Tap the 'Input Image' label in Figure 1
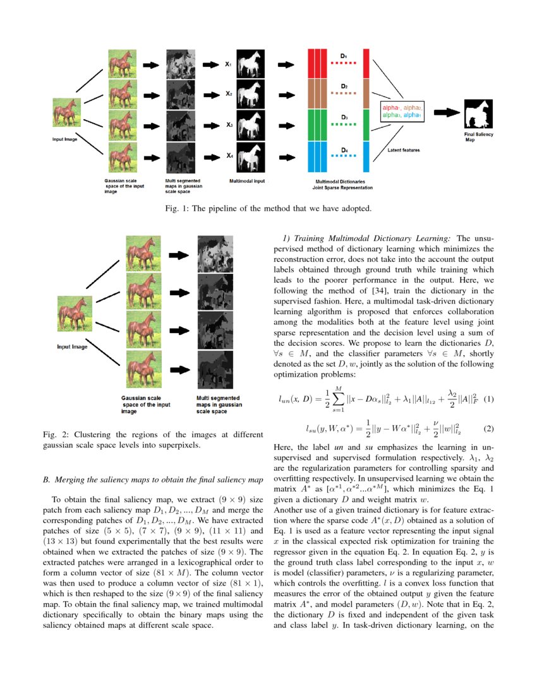pyautogui.click(x=64, y=139)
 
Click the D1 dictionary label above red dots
pyautogui.click(x=344, y=56)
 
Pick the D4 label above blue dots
pyautogui.click(x=344, y=150)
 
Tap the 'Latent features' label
pyautogui.click(x=404, y=150)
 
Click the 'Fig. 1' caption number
pyautogui.click(x=175, y=208)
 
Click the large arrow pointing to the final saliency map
pyautogui.click(x=447, y=112)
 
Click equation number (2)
pyautogui.click(x=488, y=428)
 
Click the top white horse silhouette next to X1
pyautogui.click(x=250, y=64)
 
